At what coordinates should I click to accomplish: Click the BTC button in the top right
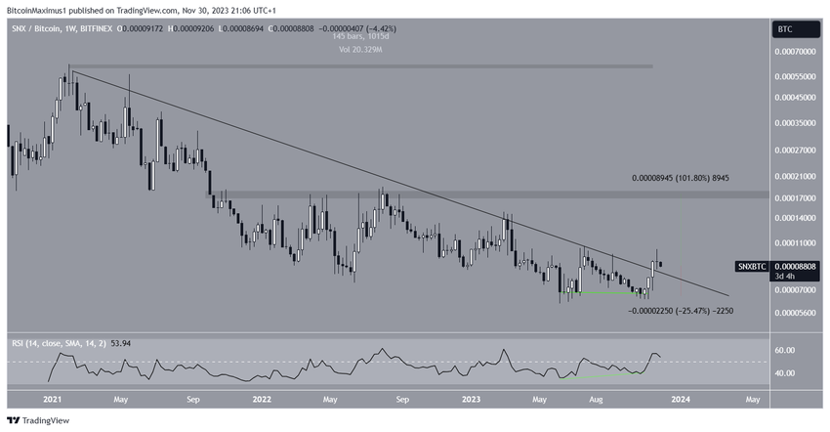pyautogui.click(x=783, y=30)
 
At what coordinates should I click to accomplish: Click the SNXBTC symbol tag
pyautogui.click(x=751, y=266)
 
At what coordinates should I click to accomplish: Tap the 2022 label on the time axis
pyautogui.click(x=262, y=399)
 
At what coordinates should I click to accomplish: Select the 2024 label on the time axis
pyautogui.click(x=682, y=399)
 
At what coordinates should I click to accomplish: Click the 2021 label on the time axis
pyautogui.click(x=53, y=399)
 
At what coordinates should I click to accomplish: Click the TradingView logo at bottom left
pyautogui.click(x=39, y=420)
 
